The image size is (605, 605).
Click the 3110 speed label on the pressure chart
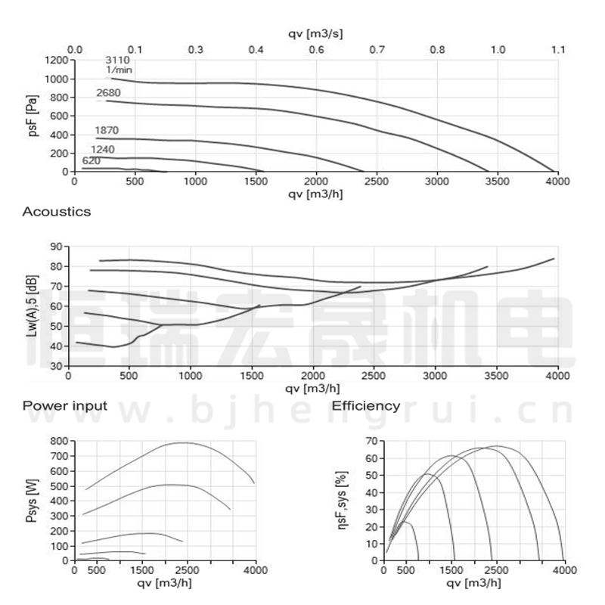[117, 60]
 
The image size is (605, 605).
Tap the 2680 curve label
[108, 93]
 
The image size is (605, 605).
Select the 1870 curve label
[107, 131]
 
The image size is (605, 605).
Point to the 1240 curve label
[103, 150]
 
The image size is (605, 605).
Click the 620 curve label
[91, 161]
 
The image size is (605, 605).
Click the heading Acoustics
[57, 212]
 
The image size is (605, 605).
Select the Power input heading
[65, 406]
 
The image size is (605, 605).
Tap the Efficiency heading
[366, 406]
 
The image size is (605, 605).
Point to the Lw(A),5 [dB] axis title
[31, 306]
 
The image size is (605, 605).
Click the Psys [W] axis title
[31, 500]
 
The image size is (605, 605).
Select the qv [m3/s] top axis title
[317, 34]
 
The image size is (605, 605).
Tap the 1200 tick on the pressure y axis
[56, 60]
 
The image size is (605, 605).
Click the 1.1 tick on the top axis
[557, 50]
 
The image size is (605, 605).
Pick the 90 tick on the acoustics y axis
[55, 247]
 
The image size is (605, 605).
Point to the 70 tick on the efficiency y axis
[371, 440]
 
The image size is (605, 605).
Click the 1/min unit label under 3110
[119, 70]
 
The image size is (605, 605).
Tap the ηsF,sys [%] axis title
[342, 500]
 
